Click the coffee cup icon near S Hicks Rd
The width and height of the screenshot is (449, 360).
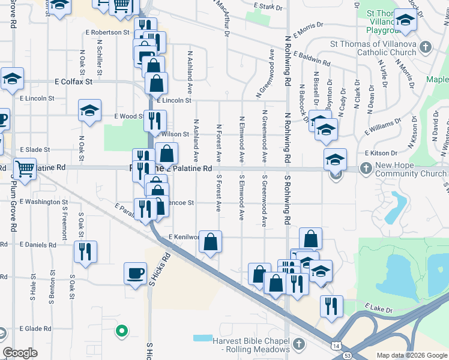click(135, 272)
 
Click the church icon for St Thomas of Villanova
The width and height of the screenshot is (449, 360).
click(426, 47)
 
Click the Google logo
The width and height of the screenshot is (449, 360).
click(20, 353)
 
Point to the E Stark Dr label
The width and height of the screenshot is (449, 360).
click(268, 6)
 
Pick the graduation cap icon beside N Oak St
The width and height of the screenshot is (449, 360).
click(89, 110)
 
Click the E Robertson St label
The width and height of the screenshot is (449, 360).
click(110, 32)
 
